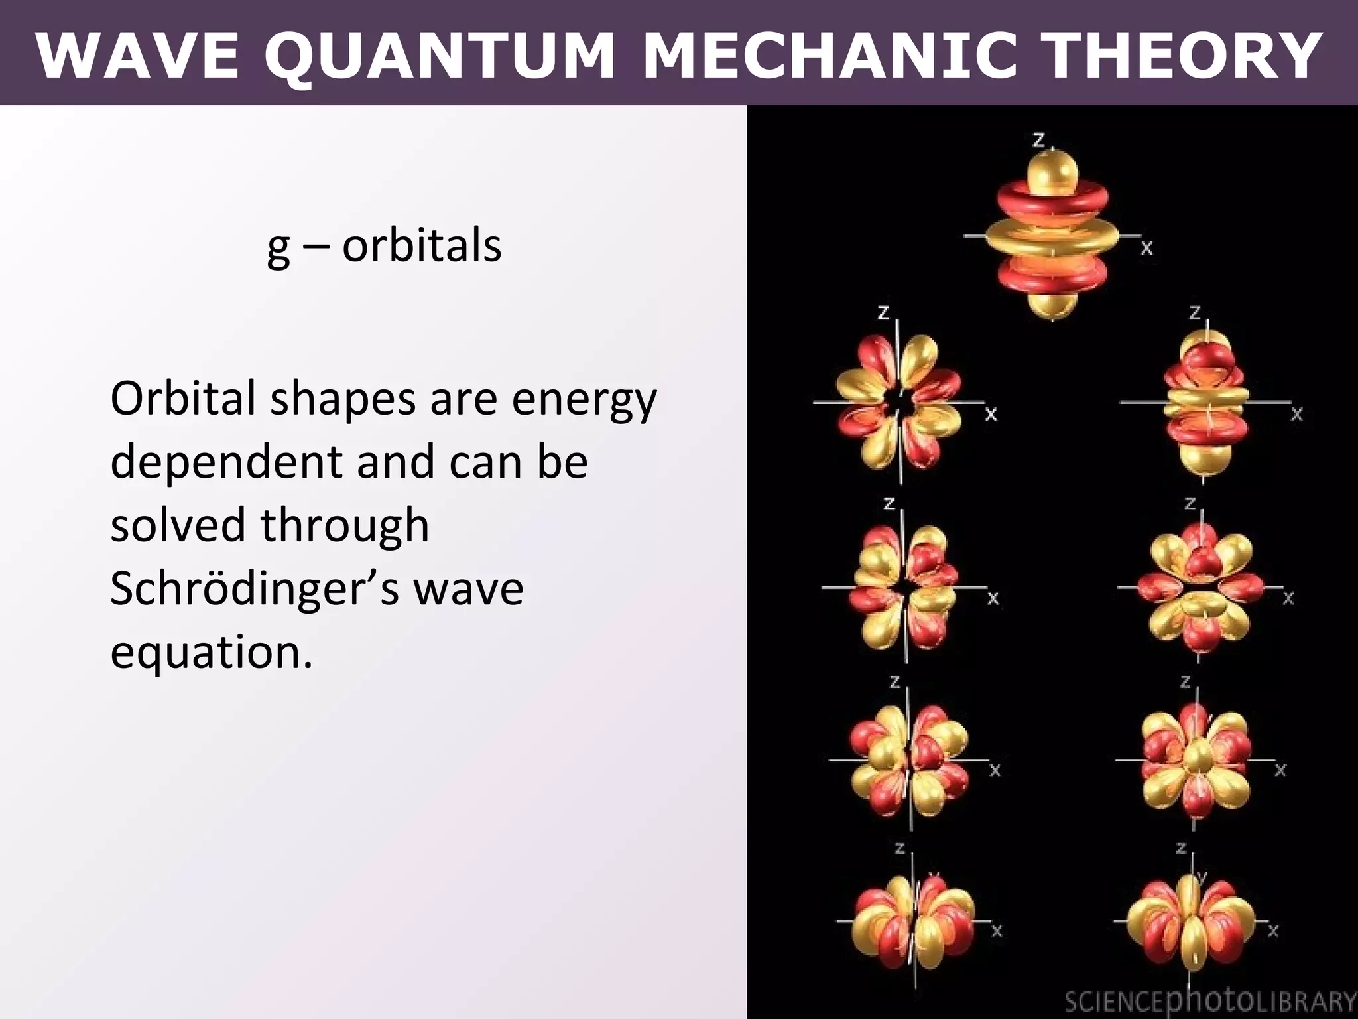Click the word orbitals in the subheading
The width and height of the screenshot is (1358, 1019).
(x=422, y=245)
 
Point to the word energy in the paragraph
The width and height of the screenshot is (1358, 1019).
(x=584, y=401)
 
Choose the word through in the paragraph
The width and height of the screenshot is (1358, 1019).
(x=345, y=525)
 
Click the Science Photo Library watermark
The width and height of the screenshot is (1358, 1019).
(x=1209, y=1001)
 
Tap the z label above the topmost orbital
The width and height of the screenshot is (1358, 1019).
(x=1038, y=139)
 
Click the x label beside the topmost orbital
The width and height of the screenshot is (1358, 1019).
(x=1146, y=248)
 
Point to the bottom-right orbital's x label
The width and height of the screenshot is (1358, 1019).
(x=1272, y=931)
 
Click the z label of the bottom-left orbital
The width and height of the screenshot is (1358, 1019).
(x=900, y=849)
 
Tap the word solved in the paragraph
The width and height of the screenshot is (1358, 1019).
(x=178, y=525)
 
